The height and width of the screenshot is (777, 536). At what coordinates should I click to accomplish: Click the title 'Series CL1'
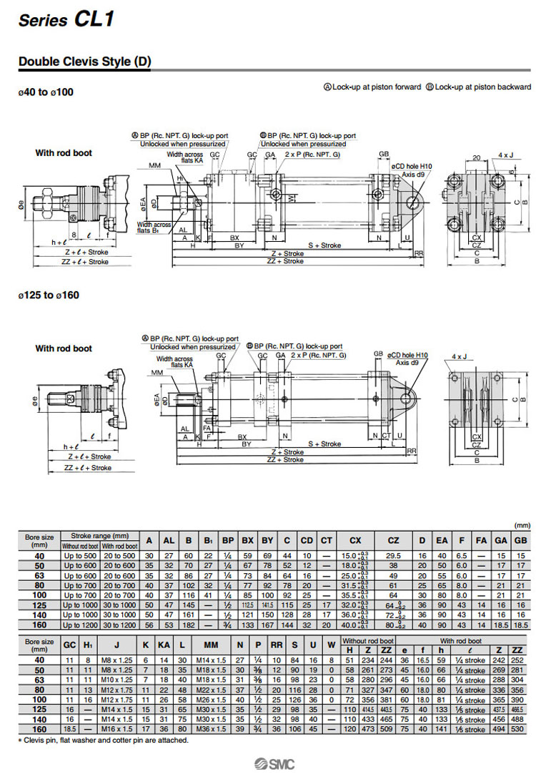66,19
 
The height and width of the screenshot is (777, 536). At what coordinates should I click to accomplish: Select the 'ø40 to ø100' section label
46,92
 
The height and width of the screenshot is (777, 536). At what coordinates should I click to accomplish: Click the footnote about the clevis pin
103,740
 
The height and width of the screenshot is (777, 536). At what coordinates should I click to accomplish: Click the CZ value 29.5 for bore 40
393,555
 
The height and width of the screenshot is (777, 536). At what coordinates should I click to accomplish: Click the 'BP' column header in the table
228,539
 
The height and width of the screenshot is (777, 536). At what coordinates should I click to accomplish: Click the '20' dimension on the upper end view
475,157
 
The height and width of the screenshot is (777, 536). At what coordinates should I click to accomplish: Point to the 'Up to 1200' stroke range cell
79,624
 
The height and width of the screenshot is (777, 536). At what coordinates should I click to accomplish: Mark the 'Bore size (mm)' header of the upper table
39,539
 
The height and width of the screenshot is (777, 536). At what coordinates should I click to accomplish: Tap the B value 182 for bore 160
189,624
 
